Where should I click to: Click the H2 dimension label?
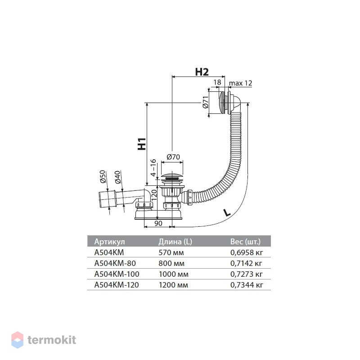point(202,72)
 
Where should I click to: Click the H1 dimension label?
point(142,144)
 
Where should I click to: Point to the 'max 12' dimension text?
point(240,83)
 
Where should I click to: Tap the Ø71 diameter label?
point(206,102)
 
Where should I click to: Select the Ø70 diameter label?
point(173,157)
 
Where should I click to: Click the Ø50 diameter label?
point(103,176)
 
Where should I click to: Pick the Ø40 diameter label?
point(117,177)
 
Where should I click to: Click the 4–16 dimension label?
point(153,167)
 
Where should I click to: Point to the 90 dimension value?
point(158,223)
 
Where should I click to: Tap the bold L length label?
point(227,212)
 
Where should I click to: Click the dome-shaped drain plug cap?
point(172,175)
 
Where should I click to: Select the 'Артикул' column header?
point(109,242)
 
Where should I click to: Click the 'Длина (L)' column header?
point(175,242)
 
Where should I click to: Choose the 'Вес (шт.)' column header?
point(245,242)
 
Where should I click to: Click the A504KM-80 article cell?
point(115,263)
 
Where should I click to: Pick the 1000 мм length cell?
point(173,274)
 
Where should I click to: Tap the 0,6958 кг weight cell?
point(246,252)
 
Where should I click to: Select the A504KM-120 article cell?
point(117,285)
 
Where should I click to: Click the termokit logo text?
point(52,340)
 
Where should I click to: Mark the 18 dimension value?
point(217,82)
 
